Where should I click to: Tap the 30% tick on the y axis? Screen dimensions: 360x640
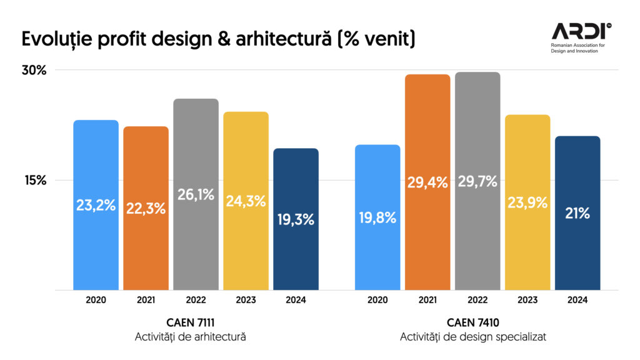click(x=34, y=70)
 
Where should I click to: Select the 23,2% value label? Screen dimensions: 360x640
click(x=96, y=205)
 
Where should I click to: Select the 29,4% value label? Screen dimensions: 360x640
click(x=427, y=182)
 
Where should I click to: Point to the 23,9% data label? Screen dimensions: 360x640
click(x=527, y=202)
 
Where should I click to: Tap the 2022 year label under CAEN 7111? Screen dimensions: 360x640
click(x=196, y=300)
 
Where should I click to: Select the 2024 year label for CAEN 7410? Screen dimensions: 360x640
click(x=577, y=300)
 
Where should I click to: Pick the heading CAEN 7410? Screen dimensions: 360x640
click(x=473, y=322)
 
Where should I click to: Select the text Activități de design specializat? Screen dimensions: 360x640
click(x=473, y=337)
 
